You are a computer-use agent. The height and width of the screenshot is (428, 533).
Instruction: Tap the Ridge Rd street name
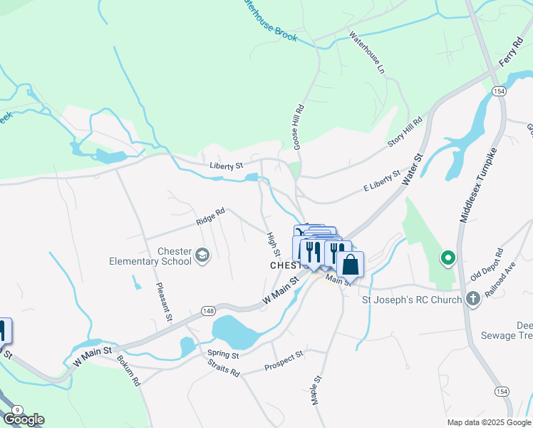211,217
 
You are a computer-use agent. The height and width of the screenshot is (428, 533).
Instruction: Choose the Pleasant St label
162,302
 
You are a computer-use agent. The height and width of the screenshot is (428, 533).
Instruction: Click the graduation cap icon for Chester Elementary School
202,255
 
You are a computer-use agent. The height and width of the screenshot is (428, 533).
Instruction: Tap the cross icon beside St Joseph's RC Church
472,300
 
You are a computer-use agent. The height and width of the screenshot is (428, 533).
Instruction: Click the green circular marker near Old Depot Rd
447,258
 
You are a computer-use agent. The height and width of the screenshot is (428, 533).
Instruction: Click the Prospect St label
284,360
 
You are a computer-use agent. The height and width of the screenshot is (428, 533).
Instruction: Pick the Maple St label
314,391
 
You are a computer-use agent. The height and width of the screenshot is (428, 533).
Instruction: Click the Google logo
24,419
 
